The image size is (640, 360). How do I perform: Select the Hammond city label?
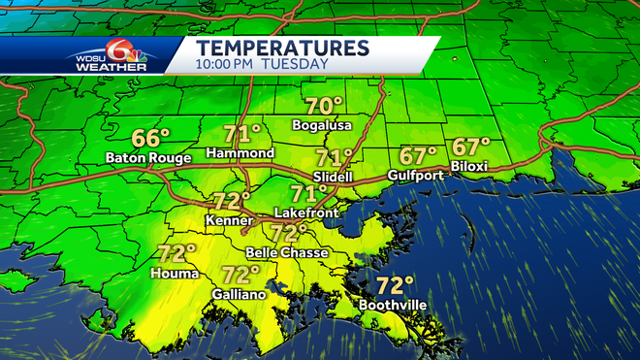(241, 153)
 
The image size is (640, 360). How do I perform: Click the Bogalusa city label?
(323, 126)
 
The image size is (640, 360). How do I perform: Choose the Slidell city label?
(335, 177)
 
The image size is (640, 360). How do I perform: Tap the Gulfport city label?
(416, 175)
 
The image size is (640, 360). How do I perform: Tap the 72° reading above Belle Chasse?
(288, 233)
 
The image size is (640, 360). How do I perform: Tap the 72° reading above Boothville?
(396, 285)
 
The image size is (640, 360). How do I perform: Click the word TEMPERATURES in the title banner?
(282, 48)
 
